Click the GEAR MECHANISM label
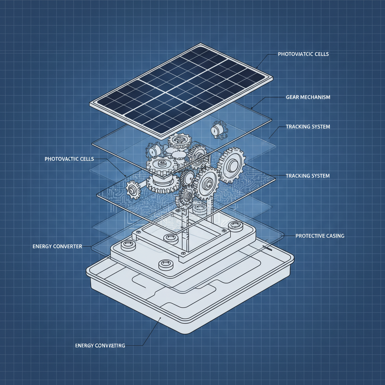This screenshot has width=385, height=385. coord(308,97)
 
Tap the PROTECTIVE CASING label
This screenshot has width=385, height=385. coord(320,236)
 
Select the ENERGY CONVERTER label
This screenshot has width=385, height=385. coord(57,246)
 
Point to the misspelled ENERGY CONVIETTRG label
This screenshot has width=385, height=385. coord(100,345)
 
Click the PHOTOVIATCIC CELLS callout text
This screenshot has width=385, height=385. coord(303,54)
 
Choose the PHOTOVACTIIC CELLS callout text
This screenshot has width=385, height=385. coord(69,159)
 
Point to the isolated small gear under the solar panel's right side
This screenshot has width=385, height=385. coord(217,129)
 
